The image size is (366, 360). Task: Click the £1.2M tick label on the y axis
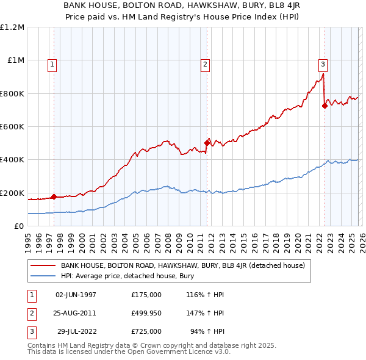tap(12, 27)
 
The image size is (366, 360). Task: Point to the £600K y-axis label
tap(12, 127)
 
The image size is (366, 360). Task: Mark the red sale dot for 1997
tap(54, 196)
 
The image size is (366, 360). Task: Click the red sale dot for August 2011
tap(207, 143)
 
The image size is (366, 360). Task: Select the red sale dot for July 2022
tap(325, 106)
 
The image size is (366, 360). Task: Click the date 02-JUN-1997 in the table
tap(76, 295)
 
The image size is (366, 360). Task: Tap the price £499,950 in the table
tap(146, 313)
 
